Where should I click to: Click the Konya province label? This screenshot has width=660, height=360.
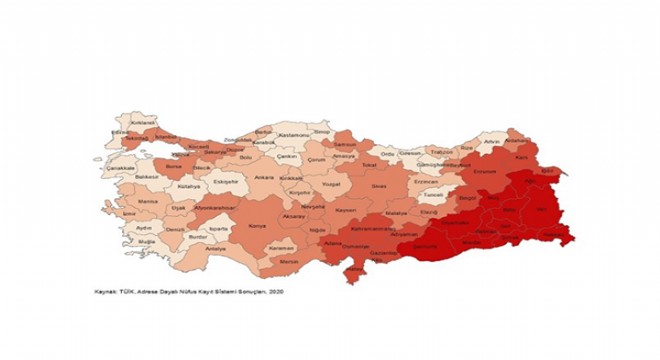257,227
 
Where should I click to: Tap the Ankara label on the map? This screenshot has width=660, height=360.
265,178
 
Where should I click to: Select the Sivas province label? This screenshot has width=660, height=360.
378,186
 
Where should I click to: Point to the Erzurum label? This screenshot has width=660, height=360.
485,171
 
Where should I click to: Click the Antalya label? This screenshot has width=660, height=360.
215,247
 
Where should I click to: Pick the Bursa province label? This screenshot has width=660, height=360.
173,167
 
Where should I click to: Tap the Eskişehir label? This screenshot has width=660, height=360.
226,182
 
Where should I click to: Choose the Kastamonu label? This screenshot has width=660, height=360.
290,134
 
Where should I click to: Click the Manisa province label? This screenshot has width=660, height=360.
148,201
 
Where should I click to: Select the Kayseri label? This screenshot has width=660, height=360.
345,211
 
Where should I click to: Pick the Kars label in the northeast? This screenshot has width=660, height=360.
520,157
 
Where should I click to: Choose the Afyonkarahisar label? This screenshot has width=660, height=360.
215,207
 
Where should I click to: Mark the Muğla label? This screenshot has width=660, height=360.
148,242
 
